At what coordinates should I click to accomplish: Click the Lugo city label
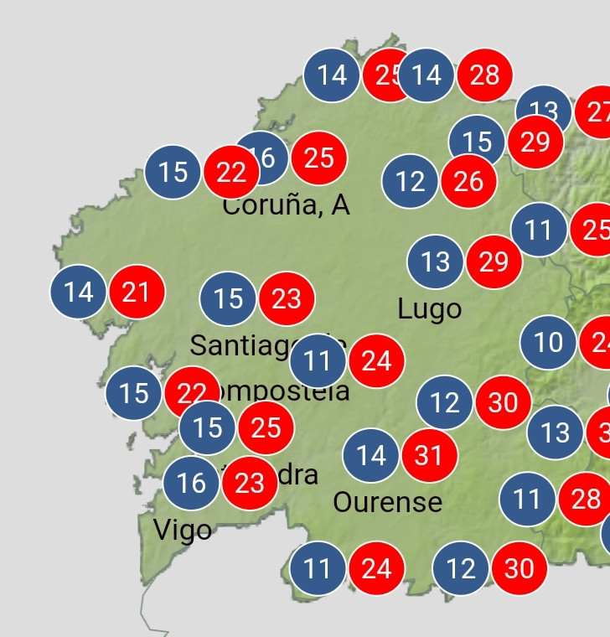point(429,309)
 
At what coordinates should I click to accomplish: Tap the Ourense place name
point(387,502)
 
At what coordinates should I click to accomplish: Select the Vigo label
point(183,530)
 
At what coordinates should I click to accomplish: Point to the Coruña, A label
point(286,205)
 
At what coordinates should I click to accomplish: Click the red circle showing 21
point(136,292)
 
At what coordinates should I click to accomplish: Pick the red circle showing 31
point(429,455)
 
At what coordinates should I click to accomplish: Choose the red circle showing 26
point(468,180)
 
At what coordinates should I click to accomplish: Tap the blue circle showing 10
point(548,342)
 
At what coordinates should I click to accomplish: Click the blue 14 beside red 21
point(79,292)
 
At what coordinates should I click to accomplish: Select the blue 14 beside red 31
point(370,455)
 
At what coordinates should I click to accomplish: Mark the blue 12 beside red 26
point(410,180)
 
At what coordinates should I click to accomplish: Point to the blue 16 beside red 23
point(191,483)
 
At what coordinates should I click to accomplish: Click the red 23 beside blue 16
point(249,483)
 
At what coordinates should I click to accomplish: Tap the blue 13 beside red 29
point(436,262)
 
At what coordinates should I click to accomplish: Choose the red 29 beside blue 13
point(494,262)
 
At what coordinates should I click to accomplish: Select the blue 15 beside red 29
point(477,142)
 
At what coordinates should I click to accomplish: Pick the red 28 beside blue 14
point(484,75)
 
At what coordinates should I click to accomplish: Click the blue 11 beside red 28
point(527,500)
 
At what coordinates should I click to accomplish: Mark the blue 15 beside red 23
point(228,298)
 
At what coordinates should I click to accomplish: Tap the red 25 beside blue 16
point(319,158)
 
